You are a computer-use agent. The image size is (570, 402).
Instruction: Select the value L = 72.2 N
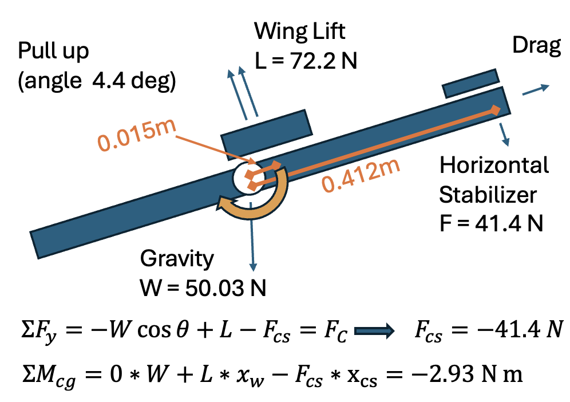coord(307,59)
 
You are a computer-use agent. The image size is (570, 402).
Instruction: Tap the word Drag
coord(537,47)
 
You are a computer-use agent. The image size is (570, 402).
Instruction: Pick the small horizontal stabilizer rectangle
coord(470,83)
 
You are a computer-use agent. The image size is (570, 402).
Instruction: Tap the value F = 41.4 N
coord(491,222)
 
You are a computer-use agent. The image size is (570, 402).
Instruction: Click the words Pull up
coord(54,52)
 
